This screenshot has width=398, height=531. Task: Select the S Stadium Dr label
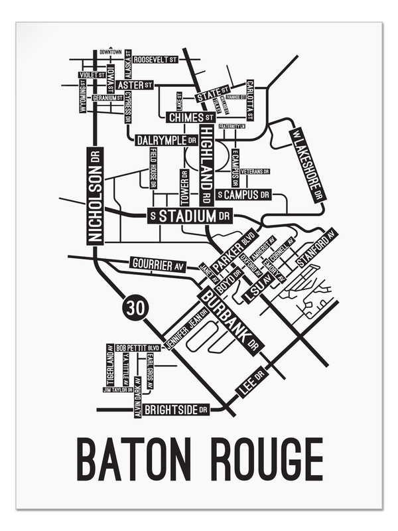(x=189, y=216)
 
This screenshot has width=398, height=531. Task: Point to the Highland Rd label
(x=206, y=164)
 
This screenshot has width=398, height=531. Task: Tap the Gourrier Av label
(x=157, y=265)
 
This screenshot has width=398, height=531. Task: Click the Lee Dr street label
(x=250, y=383)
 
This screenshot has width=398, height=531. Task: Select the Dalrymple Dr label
(x=166, y=141)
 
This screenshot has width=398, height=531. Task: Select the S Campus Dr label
(x=245, y=195)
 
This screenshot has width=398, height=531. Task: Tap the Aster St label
(x=135, y=86)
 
